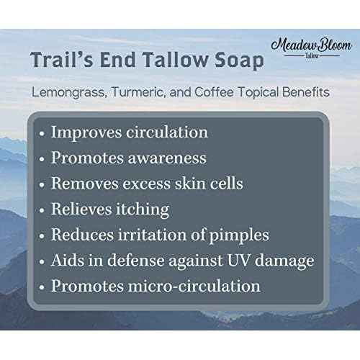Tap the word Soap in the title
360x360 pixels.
click(233, 59)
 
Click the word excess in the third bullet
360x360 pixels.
click(161, 184)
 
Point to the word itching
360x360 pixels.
click(145, 210)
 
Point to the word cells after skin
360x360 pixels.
click(223, 184)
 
